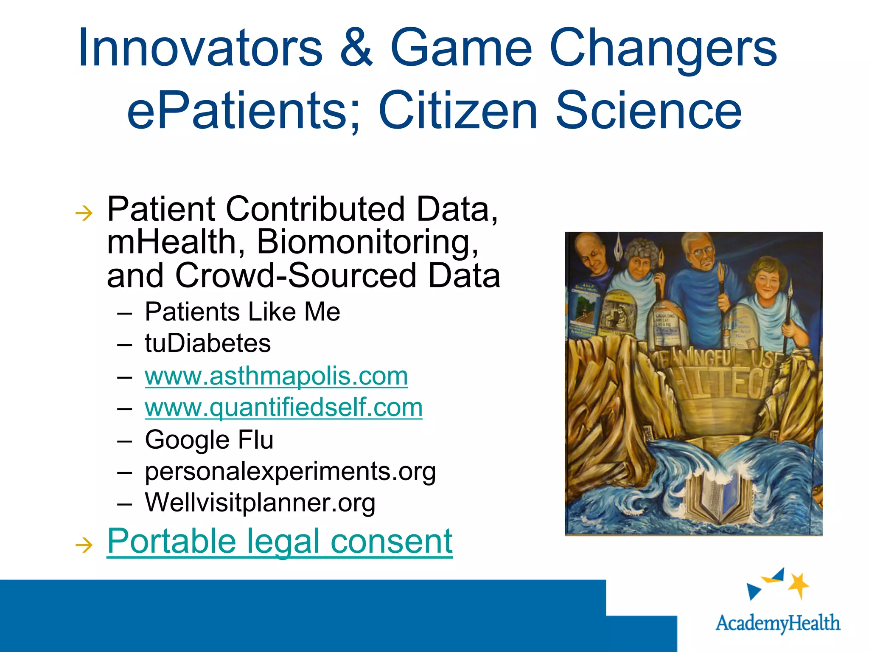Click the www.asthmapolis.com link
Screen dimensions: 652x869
276,376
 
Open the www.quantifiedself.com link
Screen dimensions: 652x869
283,407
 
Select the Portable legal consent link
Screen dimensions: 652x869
280,541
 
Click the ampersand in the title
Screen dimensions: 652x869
356,48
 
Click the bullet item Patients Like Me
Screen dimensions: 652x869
242,312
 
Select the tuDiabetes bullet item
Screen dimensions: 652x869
207,343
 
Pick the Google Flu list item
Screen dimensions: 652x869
209,440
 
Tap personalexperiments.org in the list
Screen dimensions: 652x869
290,471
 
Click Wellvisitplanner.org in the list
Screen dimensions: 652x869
260,503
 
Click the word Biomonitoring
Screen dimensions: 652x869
367,242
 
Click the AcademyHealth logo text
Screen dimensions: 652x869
777,623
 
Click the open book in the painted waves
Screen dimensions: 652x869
714,501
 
